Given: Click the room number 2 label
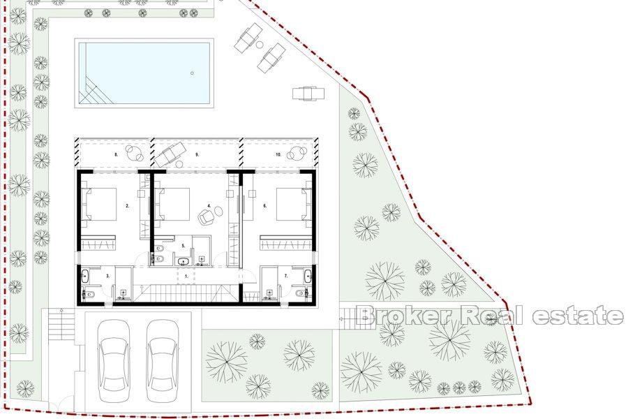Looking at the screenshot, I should [127, 207].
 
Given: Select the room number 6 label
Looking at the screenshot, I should [265, 207].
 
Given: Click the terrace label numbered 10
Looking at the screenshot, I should [278, 154].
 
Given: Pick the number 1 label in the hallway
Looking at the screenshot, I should [186, 277].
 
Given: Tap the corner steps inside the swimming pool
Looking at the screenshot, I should [91, 91].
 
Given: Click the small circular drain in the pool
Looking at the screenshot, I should [191, 72].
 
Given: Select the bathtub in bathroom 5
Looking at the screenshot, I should [184, 262].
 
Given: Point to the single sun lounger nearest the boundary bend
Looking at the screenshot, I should [308, 92].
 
